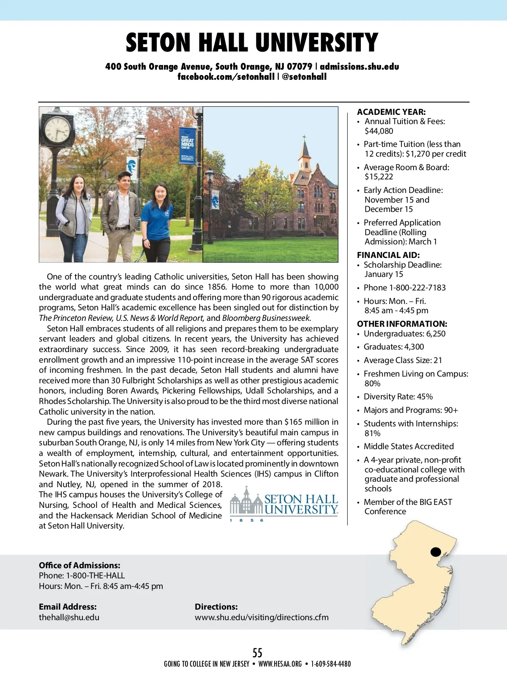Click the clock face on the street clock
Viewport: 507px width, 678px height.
click(57, 129)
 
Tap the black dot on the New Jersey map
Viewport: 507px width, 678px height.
click(435, 552)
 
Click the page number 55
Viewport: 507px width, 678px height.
click(257, 653)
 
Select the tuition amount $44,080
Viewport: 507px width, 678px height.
click(379, 131)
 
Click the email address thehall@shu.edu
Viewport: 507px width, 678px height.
click(69, 617)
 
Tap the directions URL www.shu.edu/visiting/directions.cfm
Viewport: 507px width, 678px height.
click(262, 617)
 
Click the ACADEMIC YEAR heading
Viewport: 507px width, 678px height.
click(391, 112)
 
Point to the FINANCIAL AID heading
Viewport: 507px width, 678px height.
click(388, 255)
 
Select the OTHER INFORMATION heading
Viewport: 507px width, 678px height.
click(402, 324)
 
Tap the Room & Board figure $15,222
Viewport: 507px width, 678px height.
click(379, 177)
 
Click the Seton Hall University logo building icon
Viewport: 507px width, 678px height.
click(246, 502)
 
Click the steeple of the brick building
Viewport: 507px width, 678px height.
click(304, 148)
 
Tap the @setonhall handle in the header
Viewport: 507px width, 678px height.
click(304, 77)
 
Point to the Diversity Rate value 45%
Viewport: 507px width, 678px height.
click(425, 396)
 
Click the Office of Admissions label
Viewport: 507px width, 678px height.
click(79, 565)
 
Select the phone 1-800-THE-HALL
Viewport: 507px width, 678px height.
click(95, 575)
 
